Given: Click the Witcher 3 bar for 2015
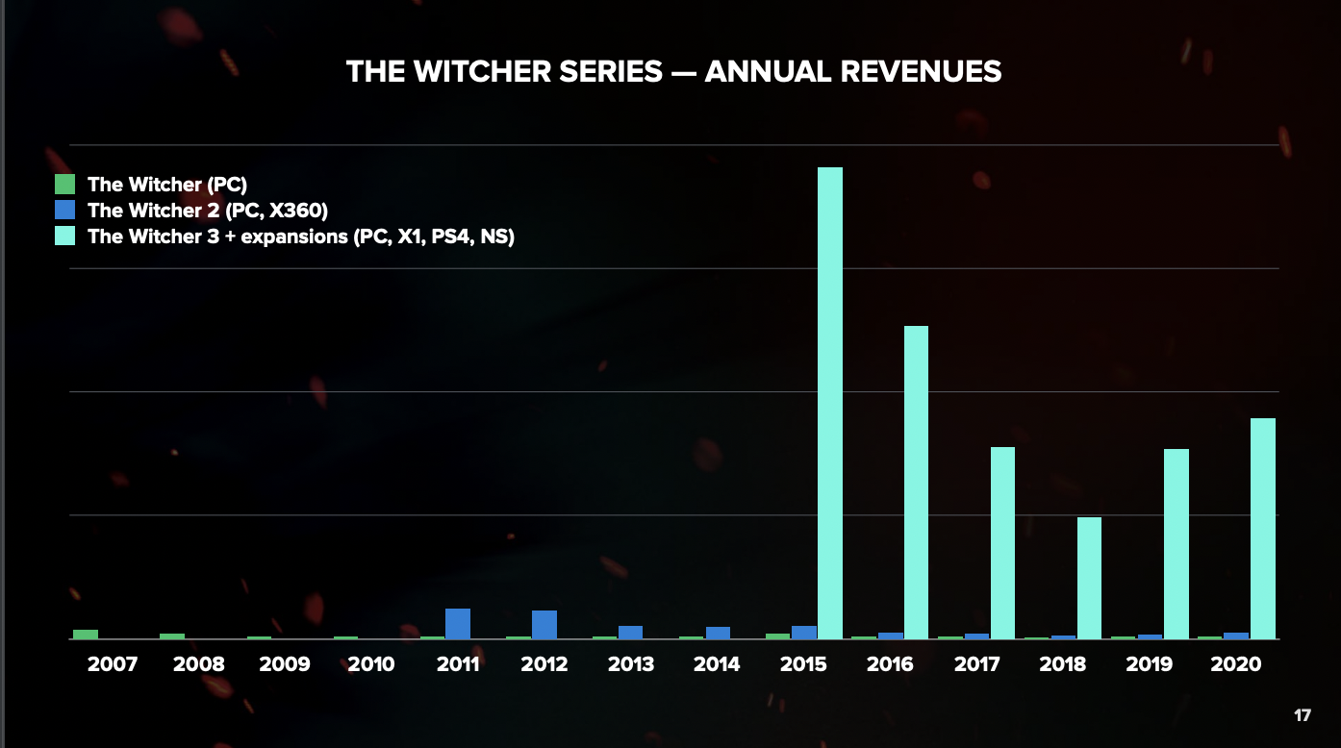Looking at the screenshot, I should [x=830, y=403].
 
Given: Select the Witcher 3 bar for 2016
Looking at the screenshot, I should [x=916, y=482].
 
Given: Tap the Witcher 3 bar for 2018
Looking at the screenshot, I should [x=1089, y=578].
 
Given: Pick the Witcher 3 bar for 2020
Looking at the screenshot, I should [x=1263, y=528].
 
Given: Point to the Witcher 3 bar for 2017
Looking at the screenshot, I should [x=1002, y=542].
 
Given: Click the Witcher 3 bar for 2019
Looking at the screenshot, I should [x=1177, y=543].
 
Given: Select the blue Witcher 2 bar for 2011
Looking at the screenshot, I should [x=458, y=623].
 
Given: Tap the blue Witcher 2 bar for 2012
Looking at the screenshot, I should [x=544, y=624].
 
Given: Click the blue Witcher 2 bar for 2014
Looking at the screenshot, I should [x=718, y=633].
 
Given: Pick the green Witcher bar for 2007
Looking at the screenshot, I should [x=86, y=635].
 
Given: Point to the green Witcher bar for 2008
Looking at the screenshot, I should [x=172, y=636].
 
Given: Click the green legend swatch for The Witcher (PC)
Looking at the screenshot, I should [x=64, y=185].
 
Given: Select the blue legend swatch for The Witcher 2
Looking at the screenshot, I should [x=64, y=210].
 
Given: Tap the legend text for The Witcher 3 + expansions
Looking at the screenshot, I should [x=301, y=237].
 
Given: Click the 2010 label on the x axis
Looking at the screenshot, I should [x=371, y=664].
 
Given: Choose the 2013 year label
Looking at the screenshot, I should [x=631, y=664].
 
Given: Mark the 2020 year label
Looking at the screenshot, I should [x=1237, y=664].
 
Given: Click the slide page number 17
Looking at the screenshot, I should [x=1303, y=716].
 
